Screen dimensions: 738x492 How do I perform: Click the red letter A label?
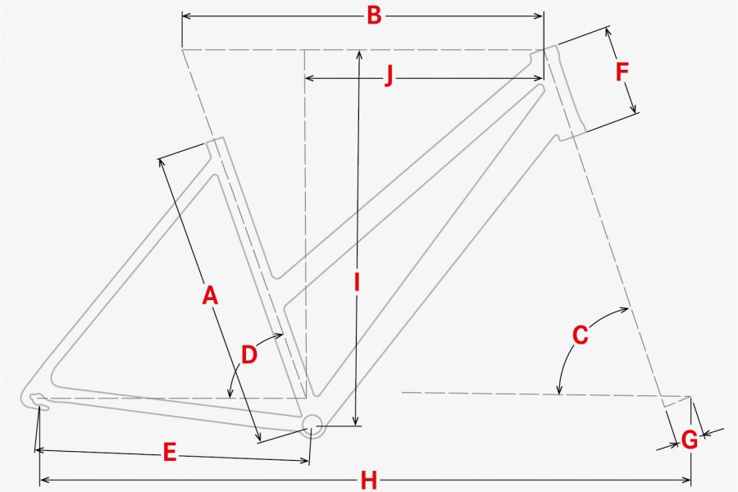[x=210, y=296]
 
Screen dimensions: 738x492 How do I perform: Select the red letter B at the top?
[x=374, y=16]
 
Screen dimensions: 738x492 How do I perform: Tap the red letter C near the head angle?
[x=581, y=335]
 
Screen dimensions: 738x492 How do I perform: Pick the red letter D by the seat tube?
[x=249, y=354]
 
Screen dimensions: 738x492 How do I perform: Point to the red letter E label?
[x=170, y=453]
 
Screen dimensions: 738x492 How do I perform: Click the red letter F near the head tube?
[x=622, y=72]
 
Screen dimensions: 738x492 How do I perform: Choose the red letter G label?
[x=690, y=440]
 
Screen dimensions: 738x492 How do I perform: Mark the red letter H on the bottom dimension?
[x=369, y=481]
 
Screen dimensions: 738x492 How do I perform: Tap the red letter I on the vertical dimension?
[x=358, y=282]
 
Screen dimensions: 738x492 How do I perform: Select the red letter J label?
[x=389, y=75]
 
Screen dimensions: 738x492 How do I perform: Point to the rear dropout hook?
[x=38, y=399]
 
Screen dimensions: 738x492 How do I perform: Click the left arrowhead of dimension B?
[x=186, y=16]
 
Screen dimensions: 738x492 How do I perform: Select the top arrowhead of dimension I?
[x=359, y=55]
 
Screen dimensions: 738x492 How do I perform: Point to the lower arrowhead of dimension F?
[x=634, y=108]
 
